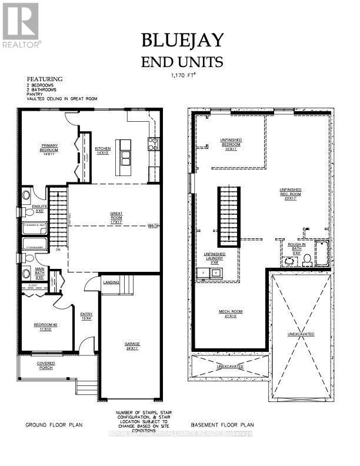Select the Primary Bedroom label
tap(48, 147)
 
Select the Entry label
tap(86, 317)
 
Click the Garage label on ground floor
tap(132, 346)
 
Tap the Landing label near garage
tap(112, 282)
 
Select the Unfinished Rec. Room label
tap(290, 193)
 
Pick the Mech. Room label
tap(232, 314)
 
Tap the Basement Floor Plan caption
tap(222, 424)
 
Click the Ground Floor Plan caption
tap(53, 424)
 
